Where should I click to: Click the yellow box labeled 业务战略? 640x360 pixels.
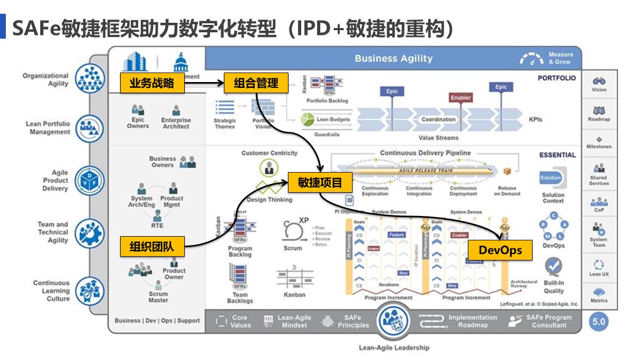[152, 83]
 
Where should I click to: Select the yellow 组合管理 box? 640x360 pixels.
[256, 83]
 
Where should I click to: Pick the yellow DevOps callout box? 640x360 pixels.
[500, 250]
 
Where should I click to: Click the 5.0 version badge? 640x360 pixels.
[599, 322]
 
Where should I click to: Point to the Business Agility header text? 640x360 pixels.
[393, 59]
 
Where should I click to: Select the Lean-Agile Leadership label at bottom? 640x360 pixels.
[394, 348]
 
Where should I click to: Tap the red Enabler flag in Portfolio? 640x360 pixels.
[461, 98]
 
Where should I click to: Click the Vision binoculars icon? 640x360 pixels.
[599, 81]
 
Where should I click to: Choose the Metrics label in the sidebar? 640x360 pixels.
[599, 301]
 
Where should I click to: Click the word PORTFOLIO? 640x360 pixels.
[556, 78]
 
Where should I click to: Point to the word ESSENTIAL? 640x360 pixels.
[557, 155]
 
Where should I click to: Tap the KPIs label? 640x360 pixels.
[535, 120]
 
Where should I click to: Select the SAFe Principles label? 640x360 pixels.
[353, 321]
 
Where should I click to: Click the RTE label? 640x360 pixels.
[157, 226]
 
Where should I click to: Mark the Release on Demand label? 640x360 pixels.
[507, 191]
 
